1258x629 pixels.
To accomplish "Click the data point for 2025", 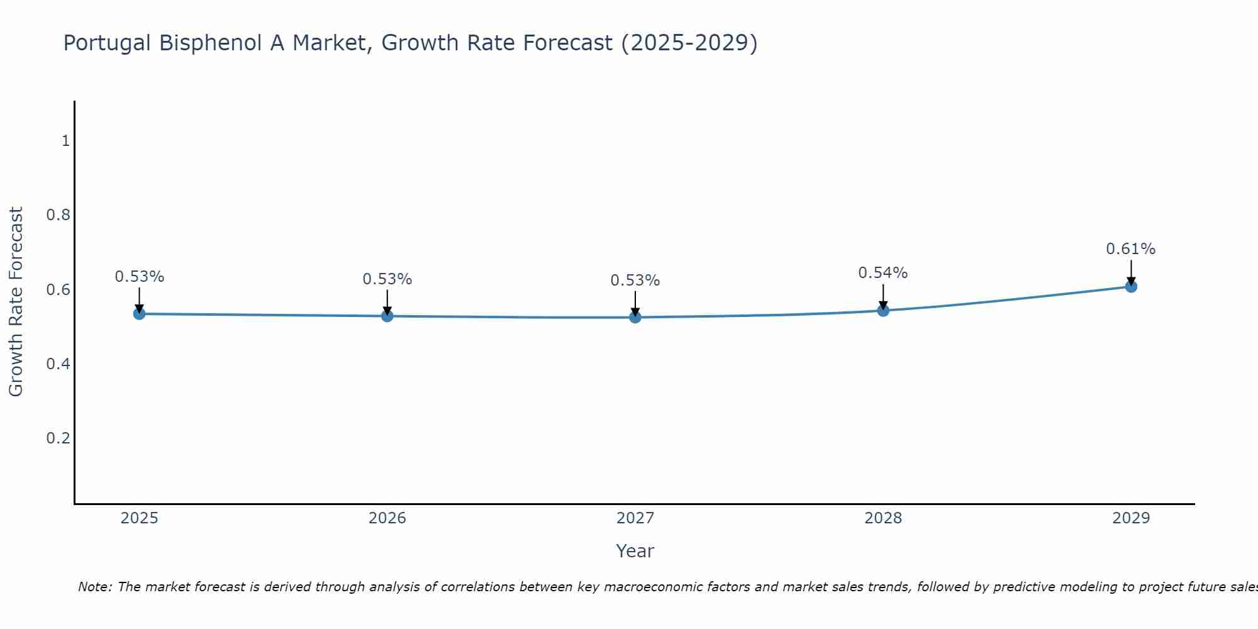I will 139,313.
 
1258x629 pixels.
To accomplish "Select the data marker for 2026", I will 387,316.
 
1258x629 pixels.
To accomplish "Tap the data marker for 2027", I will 635,317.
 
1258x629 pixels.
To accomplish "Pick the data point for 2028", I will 883,310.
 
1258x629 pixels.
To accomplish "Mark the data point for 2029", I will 1131,286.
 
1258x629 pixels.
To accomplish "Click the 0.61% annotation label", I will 1130,249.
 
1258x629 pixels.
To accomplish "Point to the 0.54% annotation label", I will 882,273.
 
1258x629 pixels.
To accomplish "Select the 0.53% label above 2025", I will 139,277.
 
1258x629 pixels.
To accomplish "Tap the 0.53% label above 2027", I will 635,281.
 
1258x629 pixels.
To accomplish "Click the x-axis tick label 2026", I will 387,518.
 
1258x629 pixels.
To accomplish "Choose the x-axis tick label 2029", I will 1131,518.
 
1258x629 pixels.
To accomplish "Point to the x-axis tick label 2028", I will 883,518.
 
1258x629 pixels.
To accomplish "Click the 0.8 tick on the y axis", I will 58,215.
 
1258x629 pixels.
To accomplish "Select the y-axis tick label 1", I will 65,141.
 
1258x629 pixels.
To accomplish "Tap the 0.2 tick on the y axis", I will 58,438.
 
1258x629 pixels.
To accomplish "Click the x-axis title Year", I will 635,551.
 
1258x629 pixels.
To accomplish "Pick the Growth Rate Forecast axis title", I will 16,301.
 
